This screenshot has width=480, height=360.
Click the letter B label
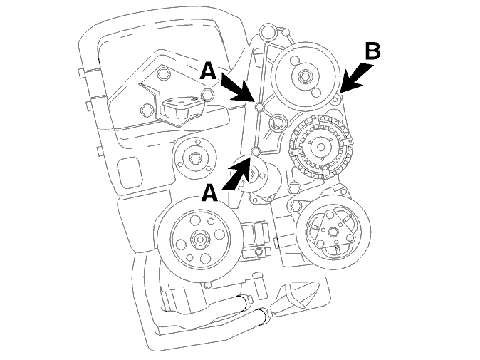point(373,51)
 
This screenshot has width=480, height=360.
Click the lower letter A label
point(209,193)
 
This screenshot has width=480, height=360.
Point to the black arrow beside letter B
point(357,78)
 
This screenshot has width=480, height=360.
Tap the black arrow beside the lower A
point(238,173)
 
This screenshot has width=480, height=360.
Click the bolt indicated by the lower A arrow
point(255,150)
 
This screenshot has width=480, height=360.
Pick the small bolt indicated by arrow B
point(336,100)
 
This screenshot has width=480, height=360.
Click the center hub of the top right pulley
point(306,76)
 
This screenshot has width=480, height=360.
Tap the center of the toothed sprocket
point(320,148)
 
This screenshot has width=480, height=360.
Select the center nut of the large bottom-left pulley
point(199,238)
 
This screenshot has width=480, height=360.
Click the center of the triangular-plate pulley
point(333,232)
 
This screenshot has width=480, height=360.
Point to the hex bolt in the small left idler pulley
point(194,158)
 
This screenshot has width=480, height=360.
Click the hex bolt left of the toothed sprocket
point(277,123)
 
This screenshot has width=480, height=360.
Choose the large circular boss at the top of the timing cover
point(267,31)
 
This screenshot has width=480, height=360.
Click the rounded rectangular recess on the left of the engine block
point(130,173)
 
